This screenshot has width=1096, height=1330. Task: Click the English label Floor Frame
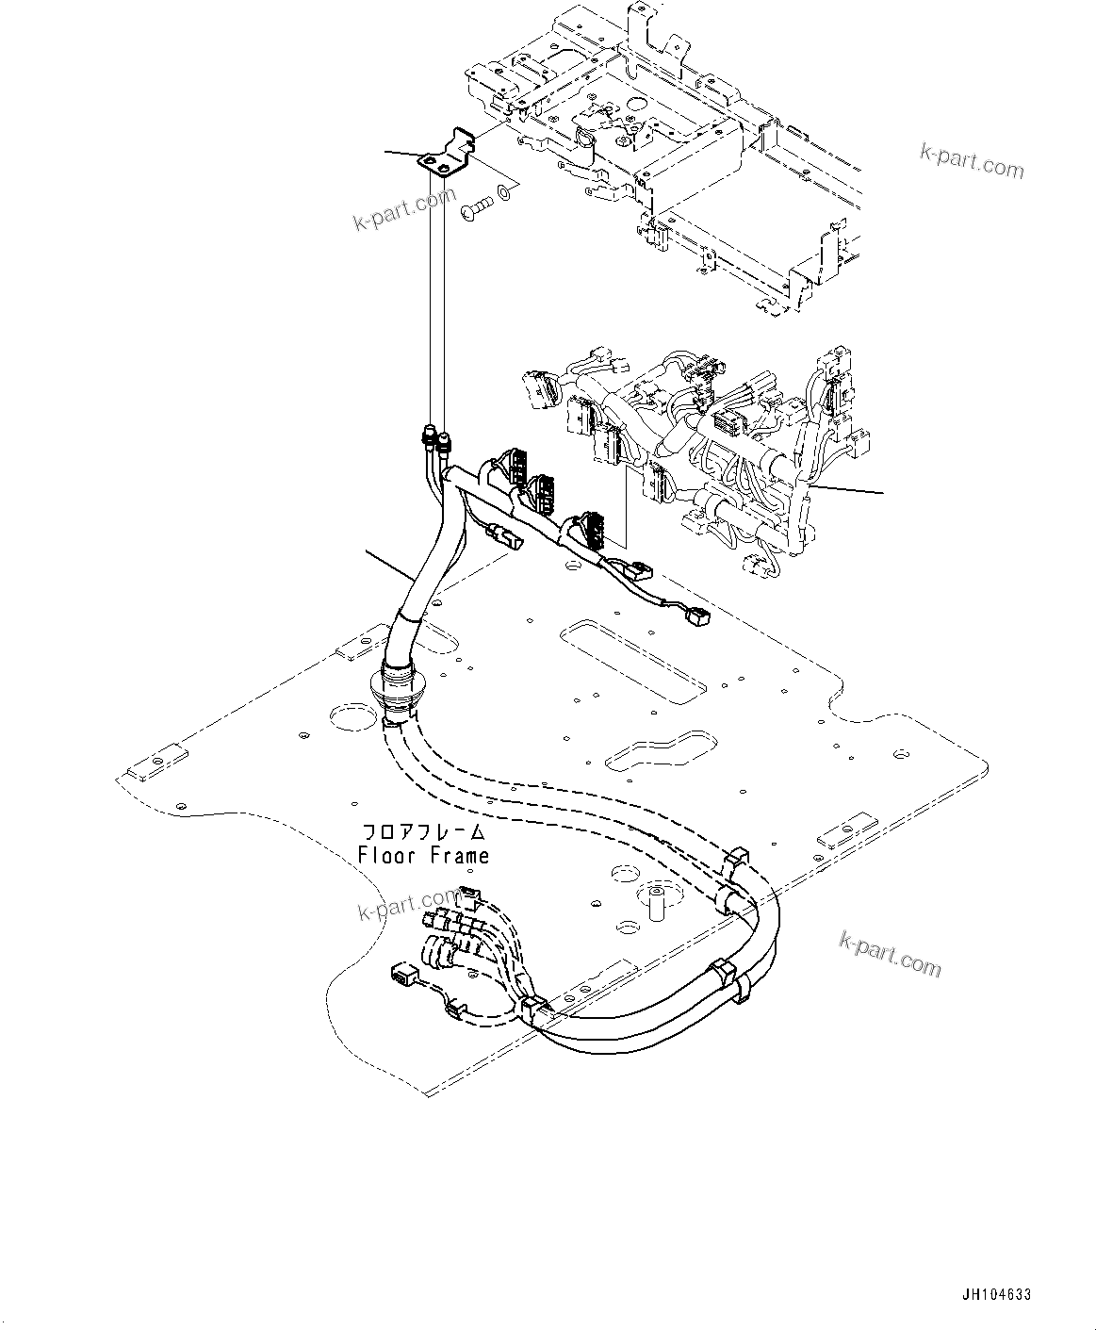point(423,856)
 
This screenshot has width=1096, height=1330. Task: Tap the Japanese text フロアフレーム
point(423,833)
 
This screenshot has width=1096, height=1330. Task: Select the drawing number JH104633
point(996,1294)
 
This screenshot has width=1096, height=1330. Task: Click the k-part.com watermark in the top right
point(971,162)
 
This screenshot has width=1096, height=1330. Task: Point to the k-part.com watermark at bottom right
point(889,954)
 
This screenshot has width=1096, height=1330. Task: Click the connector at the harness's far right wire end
point(698,616)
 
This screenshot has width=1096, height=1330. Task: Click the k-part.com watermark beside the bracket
point(404,209)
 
